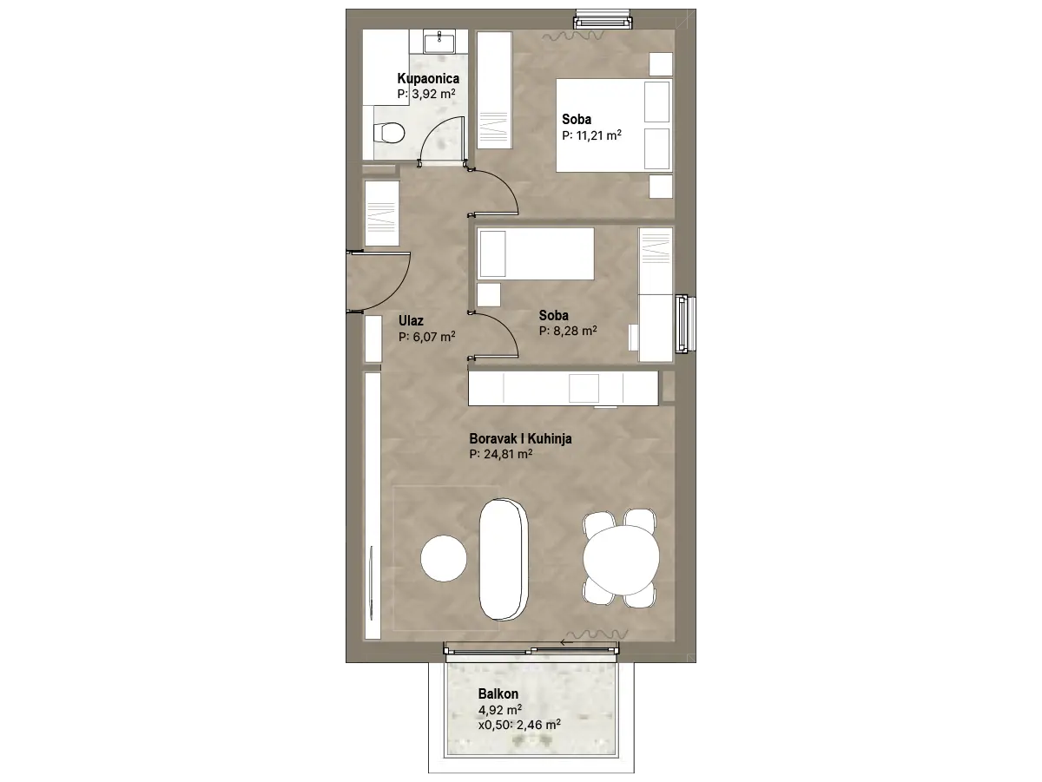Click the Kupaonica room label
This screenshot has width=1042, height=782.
[x=428, y=79]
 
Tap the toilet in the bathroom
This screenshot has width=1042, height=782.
[x=388, y=134]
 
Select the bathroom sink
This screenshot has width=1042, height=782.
[x=439, y=42]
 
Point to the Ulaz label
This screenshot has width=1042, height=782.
[x=411, y=321]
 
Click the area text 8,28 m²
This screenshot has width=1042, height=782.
[x=575, y=331]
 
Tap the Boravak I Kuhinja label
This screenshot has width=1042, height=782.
[x=520, y=439]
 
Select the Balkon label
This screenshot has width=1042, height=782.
[x=498, y=694]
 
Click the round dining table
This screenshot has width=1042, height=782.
[x=621, y=560]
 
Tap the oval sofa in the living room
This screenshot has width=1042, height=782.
[x=504, y=559]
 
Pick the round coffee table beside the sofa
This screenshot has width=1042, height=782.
[x=444, y=558]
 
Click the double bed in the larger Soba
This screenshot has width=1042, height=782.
[x=614, y=125]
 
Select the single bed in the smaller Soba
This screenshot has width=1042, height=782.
[x=536, y=253]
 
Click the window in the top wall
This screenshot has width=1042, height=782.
[x=603, y=22]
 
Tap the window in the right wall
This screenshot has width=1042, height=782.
[x=685, y=324]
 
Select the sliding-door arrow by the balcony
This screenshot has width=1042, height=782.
[x=566, y=642]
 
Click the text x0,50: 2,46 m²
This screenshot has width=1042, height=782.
[x=519, y=725]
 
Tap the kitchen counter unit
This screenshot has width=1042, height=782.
[x=563, y=389]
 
